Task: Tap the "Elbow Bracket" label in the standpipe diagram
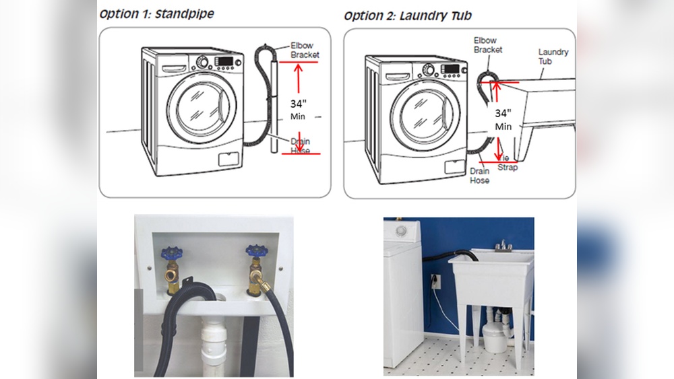[305, 50]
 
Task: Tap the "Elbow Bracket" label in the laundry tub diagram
[487, 45]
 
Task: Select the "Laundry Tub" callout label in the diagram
[553, 57]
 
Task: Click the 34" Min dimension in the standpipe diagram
[299, 110]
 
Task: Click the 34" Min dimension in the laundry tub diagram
[503, 119]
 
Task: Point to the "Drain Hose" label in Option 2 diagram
[479, 176]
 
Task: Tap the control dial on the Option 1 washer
[202, 62]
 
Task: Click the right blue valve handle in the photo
[255, 251]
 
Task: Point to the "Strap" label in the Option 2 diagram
[508, 167]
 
